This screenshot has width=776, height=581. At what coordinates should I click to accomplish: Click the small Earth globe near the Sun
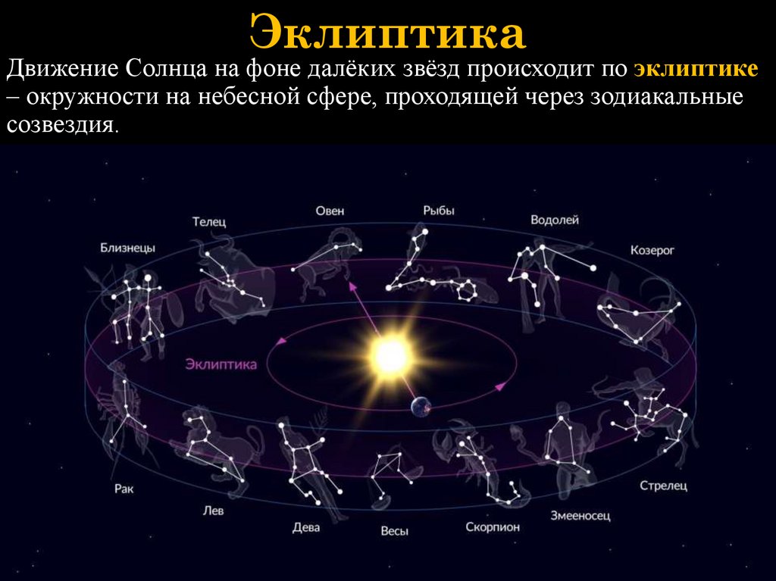tap(420, 408)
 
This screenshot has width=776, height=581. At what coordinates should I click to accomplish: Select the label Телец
tap(208, 221)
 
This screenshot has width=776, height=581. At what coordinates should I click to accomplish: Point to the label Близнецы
tap(127, 248)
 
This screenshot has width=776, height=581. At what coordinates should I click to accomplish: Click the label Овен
tap(330, 211)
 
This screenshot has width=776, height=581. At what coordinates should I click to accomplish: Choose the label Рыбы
tap(439, 211)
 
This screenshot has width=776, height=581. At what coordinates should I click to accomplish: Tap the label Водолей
tap(554, 220)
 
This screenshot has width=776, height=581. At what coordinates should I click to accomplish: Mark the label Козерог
tap(652, 249)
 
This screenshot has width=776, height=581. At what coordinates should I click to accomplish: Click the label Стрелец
tap(663, 485)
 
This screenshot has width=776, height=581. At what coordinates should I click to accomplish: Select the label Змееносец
tap(580, 516)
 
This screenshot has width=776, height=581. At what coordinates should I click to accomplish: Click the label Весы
tap(394, 531)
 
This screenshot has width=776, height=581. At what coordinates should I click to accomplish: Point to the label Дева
tap(306, 527)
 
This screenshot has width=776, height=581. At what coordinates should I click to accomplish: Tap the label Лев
tap(214, 511)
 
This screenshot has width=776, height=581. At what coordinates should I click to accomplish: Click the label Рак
tap(124, 489)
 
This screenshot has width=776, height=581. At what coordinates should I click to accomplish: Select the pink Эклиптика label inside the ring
tap(221, 364)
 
